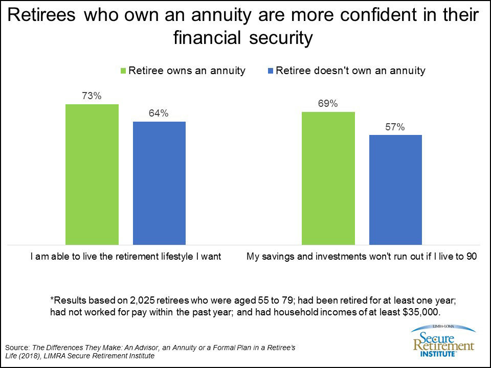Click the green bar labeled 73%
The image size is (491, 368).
pyautogui.click(x=92, y=174)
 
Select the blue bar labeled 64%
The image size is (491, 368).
pyautogui.click(x=159, y=182)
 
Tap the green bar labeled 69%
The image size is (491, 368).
pyautogui.click(x=328, y=177)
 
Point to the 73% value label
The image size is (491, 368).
pyautogui.click(x=92, y=95)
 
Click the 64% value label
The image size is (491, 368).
pyautogui.click(x=159, y=113)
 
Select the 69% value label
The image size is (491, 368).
pyautogui.click(x=328, y=103)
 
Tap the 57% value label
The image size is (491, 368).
pyautogui.click(x=395, y=127)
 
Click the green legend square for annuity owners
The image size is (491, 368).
pyautogui.click(x=123, y=71)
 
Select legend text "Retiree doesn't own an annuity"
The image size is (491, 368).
pyautogui.click(x=350, y=71)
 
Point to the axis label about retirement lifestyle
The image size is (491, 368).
pyautogui.click(x=125, y=257)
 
